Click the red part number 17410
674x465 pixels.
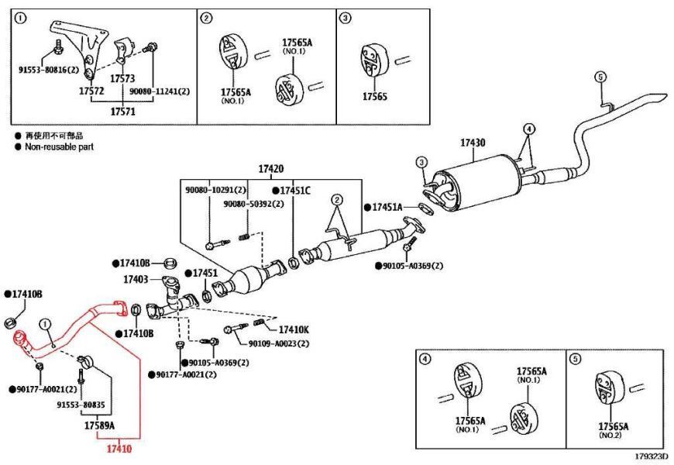pyautogui.click(x=119, y=448)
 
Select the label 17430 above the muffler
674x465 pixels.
pyautogui.click(x=473, y=143)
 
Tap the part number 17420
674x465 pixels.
pyautogui.click(x=271, y=168)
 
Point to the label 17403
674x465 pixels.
pyautogui.click(x=136, y=277)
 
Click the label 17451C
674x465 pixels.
pyautogui.click(x=294, y=190)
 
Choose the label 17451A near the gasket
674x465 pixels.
pyautogui.click(x=387, y=208)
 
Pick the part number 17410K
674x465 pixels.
pyautogui.click(x=294, y=329)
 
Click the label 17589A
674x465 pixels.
pyautogui.click(x=99, y=425)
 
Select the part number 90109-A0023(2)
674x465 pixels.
pyautogui.click(x=279, y=344)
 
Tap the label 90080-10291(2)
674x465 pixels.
pyautogui.click(x=215, y=190)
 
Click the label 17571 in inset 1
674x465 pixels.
pyautogui.click(x=122, y=112)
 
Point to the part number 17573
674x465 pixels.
pyautogui.click(x=122, y=79)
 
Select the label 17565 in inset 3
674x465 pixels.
pyautogui.click(x=376, y=97)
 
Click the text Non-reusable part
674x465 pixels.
pyautogui.click(x=59, y=146)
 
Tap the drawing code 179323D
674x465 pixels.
pyautogui.click(x=651, y=457)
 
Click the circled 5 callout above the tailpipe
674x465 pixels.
pyautogui.click(x=599, y=76)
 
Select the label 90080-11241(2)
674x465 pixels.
pyautogui.click(x=159, y=91)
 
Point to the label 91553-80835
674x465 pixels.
pyautogui.click(x=81, y=405)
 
